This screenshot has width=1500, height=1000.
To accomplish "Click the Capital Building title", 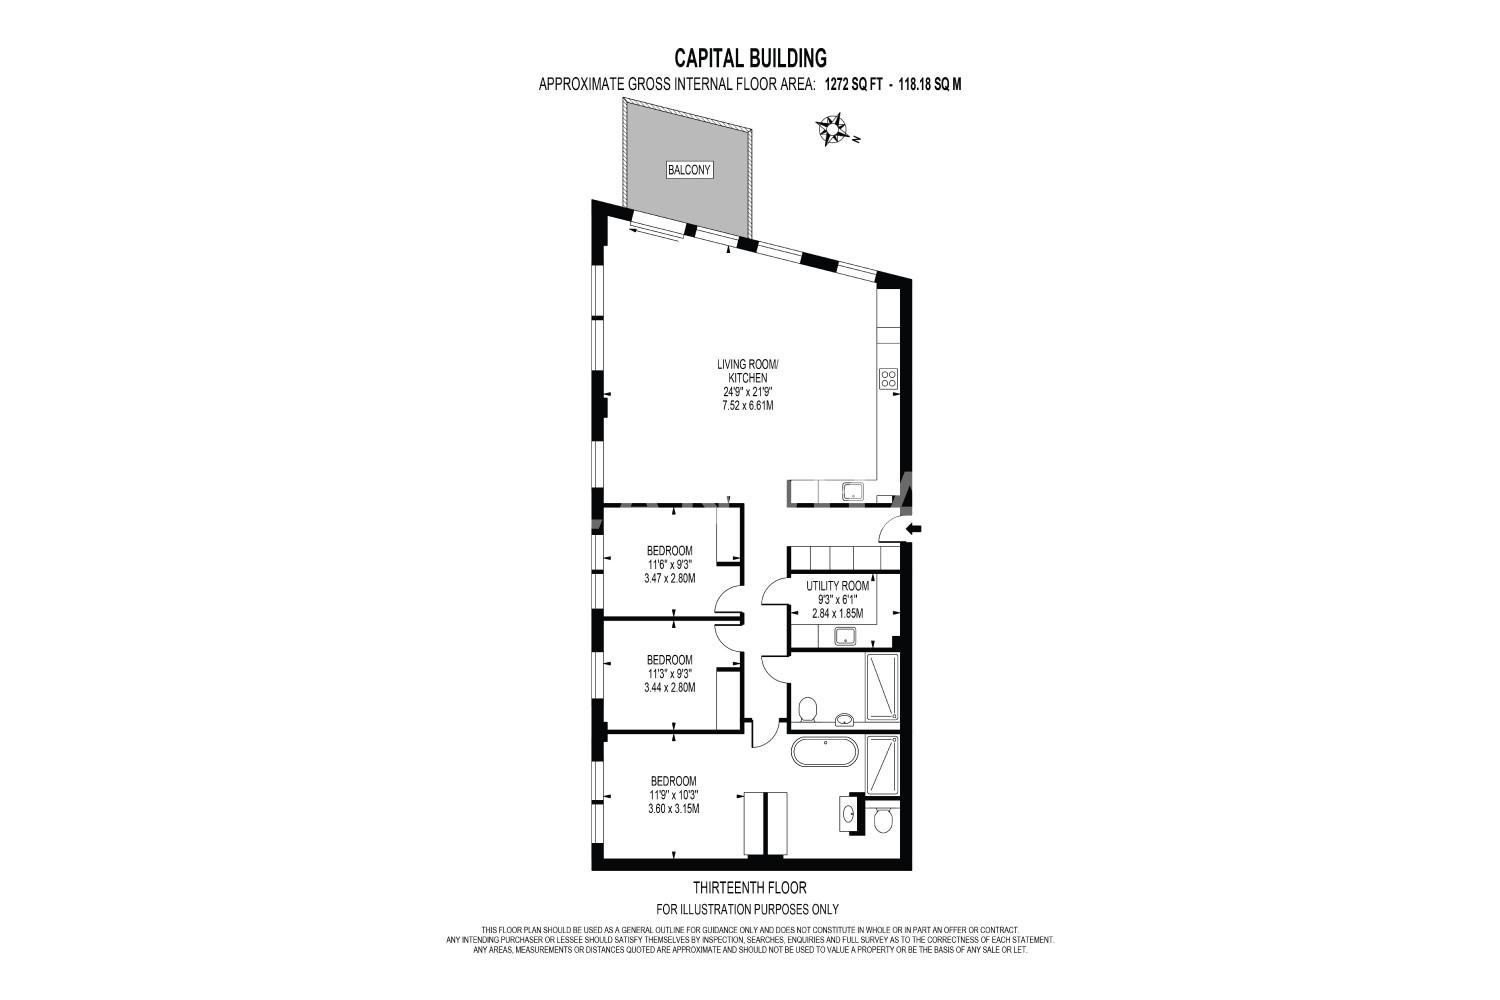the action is tap(750, 58).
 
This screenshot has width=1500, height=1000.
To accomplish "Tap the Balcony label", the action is tap(689, 170).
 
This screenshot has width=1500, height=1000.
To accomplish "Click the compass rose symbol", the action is tap(831, 129).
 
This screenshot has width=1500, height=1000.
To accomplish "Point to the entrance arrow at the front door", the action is tap(913, 529).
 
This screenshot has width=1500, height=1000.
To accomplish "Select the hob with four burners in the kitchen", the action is tap(889, 378).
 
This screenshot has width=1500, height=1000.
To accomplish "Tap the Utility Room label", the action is tap(837, 586).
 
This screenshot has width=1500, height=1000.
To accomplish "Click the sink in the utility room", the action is tap(846, 636).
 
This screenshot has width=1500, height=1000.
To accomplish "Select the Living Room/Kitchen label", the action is tap(748, 372).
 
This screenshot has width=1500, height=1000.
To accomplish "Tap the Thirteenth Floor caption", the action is tap(749, 888).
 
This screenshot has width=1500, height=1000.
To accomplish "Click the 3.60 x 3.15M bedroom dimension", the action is tap(674, 808).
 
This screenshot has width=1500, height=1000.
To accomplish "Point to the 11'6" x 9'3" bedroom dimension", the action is tap(670, 565).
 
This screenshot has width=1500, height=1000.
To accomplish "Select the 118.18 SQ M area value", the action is tap(929, 85).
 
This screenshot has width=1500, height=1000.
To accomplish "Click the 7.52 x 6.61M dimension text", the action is tap(748, 405).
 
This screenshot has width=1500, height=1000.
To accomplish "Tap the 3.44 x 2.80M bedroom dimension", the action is tap(670, 687).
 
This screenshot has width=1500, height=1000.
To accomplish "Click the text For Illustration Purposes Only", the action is tap(747, 910).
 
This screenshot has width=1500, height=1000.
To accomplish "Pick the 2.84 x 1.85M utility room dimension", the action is tap(837, 614).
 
